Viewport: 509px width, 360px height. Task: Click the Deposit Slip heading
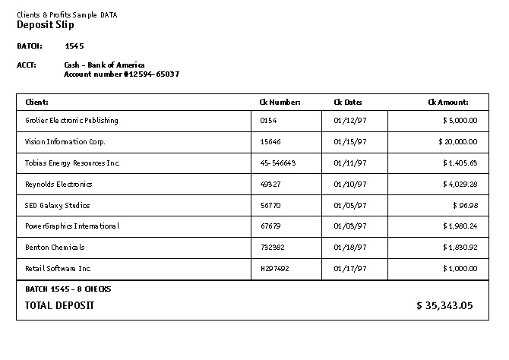[x=46, y=25]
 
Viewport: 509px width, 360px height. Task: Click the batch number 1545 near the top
[x=74, y=46]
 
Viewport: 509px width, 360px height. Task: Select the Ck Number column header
[x=280, y=102]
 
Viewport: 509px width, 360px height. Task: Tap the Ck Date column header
[x=348, y=102]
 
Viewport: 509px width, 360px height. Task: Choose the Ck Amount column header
[x=447, y=102]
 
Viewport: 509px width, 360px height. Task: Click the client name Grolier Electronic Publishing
[x=71, y=121]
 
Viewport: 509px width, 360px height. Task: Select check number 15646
[x=270, y=142]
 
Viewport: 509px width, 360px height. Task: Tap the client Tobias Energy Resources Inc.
[x=72, y=163]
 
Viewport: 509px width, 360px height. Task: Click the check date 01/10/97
[x=349, y=184]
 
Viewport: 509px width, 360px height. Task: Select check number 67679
[x=270, y=226]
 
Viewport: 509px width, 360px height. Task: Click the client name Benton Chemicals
[x=55, y=248]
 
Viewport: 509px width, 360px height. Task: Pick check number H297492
[x=274, y=269]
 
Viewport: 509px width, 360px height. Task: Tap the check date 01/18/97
[x=349, y=248]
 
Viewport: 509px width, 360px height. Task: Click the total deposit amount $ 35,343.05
[x=444, y=306]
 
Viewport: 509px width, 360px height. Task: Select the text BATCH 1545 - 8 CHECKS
[x=68, y=289]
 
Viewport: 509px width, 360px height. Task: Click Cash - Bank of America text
[x=104, y=65]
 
